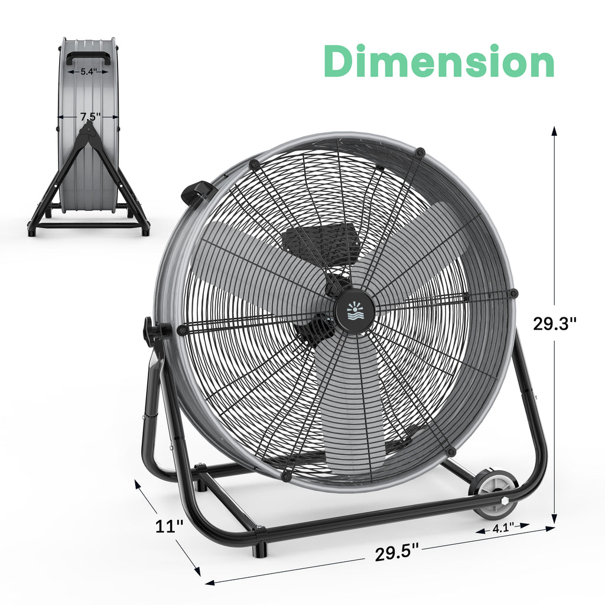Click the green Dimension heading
pyautogui.click(x=439, y=61)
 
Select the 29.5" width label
pyautogui.click(x=396, y=553)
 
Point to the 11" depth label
pyautogui.click(x=169, y=526)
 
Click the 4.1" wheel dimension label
pyautogui.click(x=503, y=528)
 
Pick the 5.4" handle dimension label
pyautogui.click(x=89, y=71)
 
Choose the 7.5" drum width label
pyautogui.click(x=90, y=116)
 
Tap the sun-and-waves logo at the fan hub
pyautogui.click(x=354, y=312)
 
